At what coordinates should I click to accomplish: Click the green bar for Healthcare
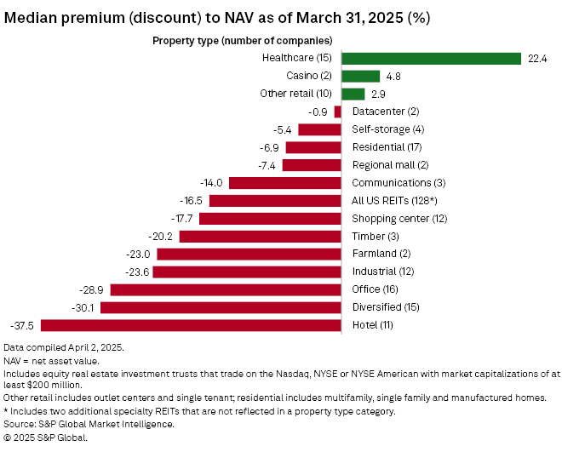[x=431, y=59]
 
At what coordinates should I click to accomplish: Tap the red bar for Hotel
[x=191, y=325]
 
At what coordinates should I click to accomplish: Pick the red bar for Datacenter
[x=338, y=112]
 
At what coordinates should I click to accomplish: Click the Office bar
[x=226, y=289]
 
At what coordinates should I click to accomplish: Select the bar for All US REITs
[x=275, y=201]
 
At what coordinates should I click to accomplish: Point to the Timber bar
[x=260, y=237]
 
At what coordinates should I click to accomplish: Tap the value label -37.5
[x=22, y=325]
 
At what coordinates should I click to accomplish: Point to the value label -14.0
[x=210, y=183]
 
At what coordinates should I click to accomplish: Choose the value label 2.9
[x=378, y=94]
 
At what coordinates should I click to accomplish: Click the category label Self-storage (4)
[x=387, y=129]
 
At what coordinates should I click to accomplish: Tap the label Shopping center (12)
[x=394, y=219]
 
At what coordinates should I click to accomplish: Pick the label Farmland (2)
[x=381, y=254]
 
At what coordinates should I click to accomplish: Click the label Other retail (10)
[x=298, y=94]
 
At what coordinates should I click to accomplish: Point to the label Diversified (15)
[x=384, y=307]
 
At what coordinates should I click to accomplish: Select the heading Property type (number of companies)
[x=242, y=40]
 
